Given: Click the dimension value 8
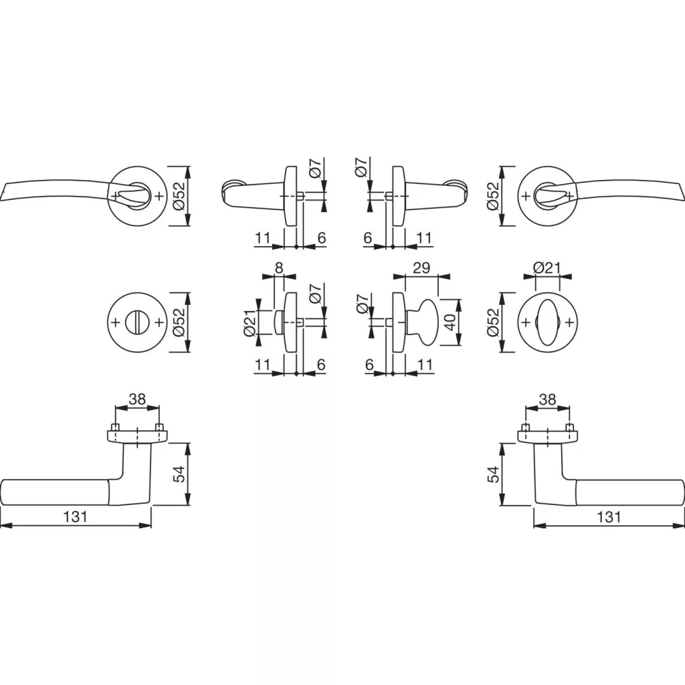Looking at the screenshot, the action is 279,268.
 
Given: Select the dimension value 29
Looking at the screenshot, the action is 421,268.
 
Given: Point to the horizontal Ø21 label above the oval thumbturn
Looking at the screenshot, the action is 547,268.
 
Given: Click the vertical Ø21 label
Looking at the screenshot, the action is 249,323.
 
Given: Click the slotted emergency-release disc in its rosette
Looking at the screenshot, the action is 136,322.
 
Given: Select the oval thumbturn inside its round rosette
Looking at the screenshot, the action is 547,322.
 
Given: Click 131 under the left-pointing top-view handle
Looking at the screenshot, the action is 76,517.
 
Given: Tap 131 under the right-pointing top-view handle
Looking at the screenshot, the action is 609,517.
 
